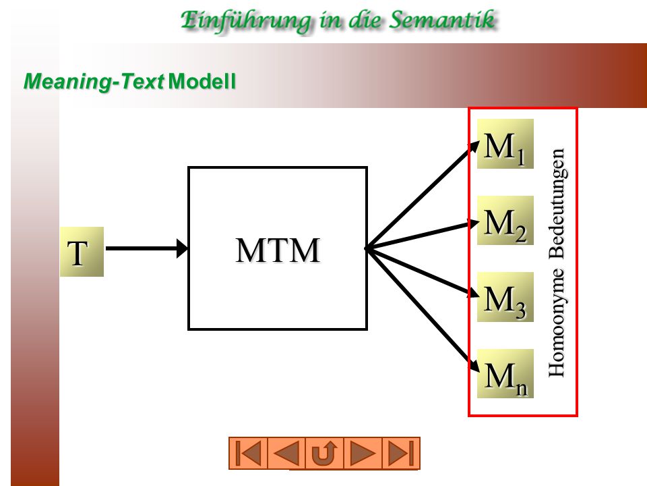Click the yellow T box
[x=82, y=252]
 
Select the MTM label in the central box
[x=278, y=250]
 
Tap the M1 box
[x=505, y=144]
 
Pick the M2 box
[x=505, y=221]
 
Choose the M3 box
[x=505, y=297]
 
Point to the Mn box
[x=505, y=373]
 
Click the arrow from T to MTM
[x=146, y=248]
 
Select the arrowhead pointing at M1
[x=474, y=147]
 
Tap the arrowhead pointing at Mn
[x=474, y=364]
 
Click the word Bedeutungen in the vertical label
[x=557, y=204]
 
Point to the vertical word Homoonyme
[x=557, y=323]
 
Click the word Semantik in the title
[x=442, y=20]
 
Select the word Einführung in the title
[x=246, y=21]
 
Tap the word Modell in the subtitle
[x=202, y=81]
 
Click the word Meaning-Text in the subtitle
[x=94, y=82]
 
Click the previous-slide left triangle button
[x=286, y=454]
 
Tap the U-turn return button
[x=324, y=454]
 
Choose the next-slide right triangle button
[x=363, y=454]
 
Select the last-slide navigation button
[x=401, y=454]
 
